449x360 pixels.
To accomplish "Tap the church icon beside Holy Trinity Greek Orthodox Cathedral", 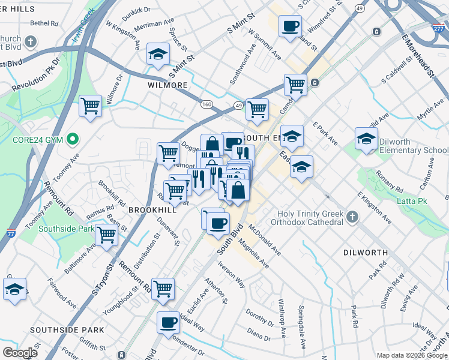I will click(352, 215).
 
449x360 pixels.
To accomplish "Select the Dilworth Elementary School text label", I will click(412, 146).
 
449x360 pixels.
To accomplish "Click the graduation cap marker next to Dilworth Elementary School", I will click(366, 139).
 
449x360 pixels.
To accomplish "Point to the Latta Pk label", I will click(411, 200).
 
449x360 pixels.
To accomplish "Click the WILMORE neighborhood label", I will click(167, 85).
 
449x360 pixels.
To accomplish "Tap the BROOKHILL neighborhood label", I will click(152, 210).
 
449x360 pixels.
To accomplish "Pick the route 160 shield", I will click(206, 104).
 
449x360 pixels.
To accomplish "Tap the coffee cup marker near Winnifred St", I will click(291, 26).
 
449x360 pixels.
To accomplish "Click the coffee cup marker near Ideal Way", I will click(168, 322).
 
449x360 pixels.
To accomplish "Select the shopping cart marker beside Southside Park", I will click(106, 235).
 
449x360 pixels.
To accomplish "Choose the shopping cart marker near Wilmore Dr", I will click(91, 106).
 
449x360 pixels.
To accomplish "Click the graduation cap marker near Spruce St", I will click(157, 55).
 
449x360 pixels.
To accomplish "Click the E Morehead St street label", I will click(418, 56).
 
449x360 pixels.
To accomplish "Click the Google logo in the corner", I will click(20, 353).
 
